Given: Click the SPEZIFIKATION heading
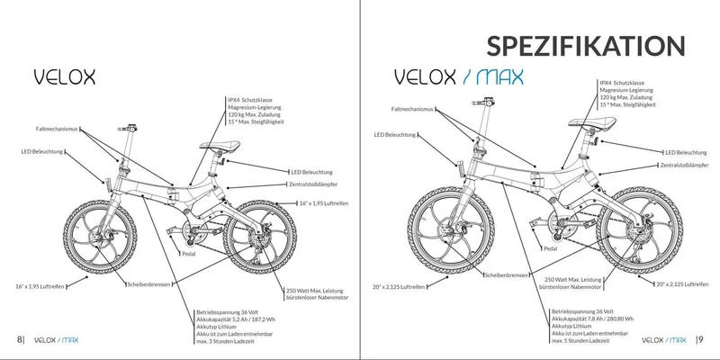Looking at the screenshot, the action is click(586, 46).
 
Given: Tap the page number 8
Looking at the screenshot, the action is click(19, 340).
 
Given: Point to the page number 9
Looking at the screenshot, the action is click(701, 340).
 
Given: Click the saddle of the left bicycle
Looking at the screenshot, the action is click(220, 146).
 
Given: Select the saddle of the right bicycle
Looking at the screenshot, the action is click(592, 122).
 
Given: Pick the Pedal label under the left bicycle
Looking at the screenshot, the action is click(189, 254).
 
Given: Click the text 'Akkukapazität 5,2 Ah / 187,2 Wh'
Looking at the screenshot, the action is click(236, 319).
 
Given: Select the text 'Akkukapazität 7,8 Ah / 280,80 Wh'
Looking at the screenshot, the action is click(592, 319).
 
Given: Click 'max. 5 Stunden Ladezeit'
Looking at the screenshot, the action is click(580, 340).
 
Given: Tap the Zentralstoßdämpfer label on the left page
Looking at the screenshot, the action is click(313, 184).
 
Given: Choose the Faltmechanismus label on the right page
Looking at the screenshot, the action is click(412, 109).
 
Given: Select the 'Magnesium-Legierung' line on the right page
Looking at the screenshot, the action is click(626, 91).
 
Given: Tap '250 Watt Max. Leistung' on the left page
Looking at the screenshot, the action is click(314, 291).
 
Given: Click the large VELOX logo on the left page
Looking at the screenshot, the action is click(65, 77).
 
